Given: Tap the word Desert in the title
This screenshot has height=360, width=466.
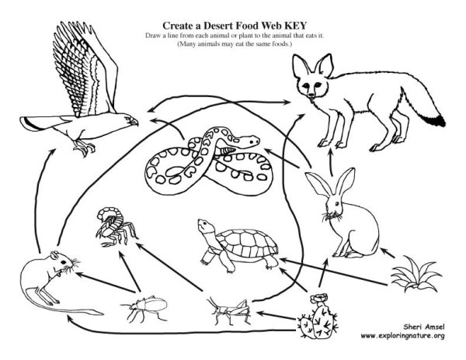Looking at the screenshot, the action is pyautogui.click(x=220, y=26).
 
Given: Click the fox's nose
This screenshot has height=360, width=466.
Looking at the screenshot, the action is pyautogui.click(x=311, y=95).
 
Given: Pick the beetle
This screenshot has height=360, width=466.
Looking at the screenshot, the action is pyautogui.click(x=144, y=308).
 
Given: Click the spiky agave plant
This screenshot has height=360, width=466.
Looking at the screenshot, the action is pyautogui.click(x=416, y=275).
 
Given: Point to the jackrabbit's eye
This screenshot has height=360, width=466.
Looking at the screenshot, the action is pyautogui.click(x=337, y=203).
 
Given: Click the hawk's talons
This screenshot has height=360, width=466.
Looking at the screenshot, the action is pyautogui.click(x=85, y=147).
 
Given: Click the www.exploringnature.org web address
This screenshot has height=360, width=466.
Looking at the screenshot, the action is pyautogui.click(x=402, y=336).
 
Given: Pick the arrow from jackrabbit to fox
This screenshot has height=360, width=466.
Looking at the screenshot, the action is pyautogui.click(x=331, y=162).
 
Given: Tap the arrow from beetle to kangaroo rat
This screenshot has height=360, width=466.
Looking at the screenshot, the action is pyautogui.click(x=106, y=282).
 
